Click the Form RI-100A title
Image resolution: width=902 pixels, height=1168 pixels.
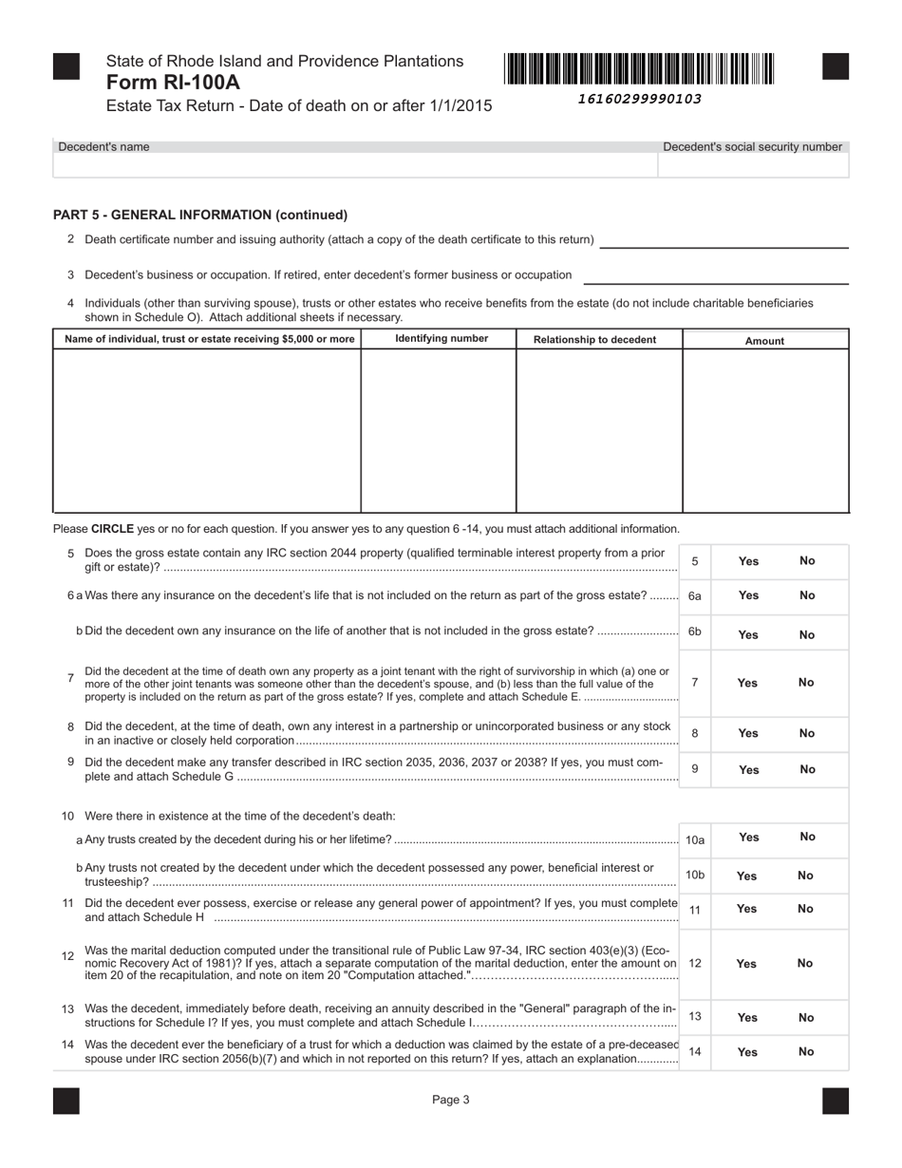[173, 83]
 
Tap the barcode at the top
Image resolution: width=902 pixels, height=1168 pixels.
[639, 69]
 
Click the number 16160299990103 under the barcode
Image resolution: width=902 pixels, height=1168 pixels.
[639, 99]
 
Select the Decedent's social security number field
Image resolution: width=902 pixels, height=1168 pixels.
[752, 165]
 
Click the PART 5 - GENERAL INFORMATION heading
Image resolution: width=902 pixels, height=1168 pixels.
[200, 215]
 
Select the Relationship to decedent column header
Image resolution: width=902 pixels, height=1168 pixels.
[595, 340]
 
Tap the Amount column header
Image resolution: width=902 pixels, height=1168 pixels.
[764, 341]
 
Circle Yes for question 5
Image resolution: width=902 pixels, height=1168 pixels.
[748, 561]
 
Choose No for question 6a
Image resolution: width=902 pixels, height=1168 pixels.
[807, 595]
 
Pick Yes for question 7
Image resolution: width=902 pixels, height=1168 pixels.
[747, 683]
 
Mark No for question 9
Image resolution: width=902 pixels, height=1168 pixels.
[807, 769]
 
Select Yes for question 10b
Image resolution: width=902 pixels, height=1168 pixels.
[747, 876]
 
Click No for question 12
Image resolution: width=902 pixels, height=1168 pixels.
[805, 963]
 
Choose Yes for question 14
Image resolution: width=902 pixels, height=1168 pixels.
[747, 1052]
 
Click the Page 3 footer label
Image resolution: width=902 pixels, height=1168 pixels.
[451, 1101]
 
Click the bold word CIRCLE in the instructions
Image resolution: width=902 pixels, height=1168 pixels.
[112, 529]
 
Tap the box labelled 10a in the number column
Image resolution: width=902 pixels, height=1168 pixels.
[695, 840]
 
